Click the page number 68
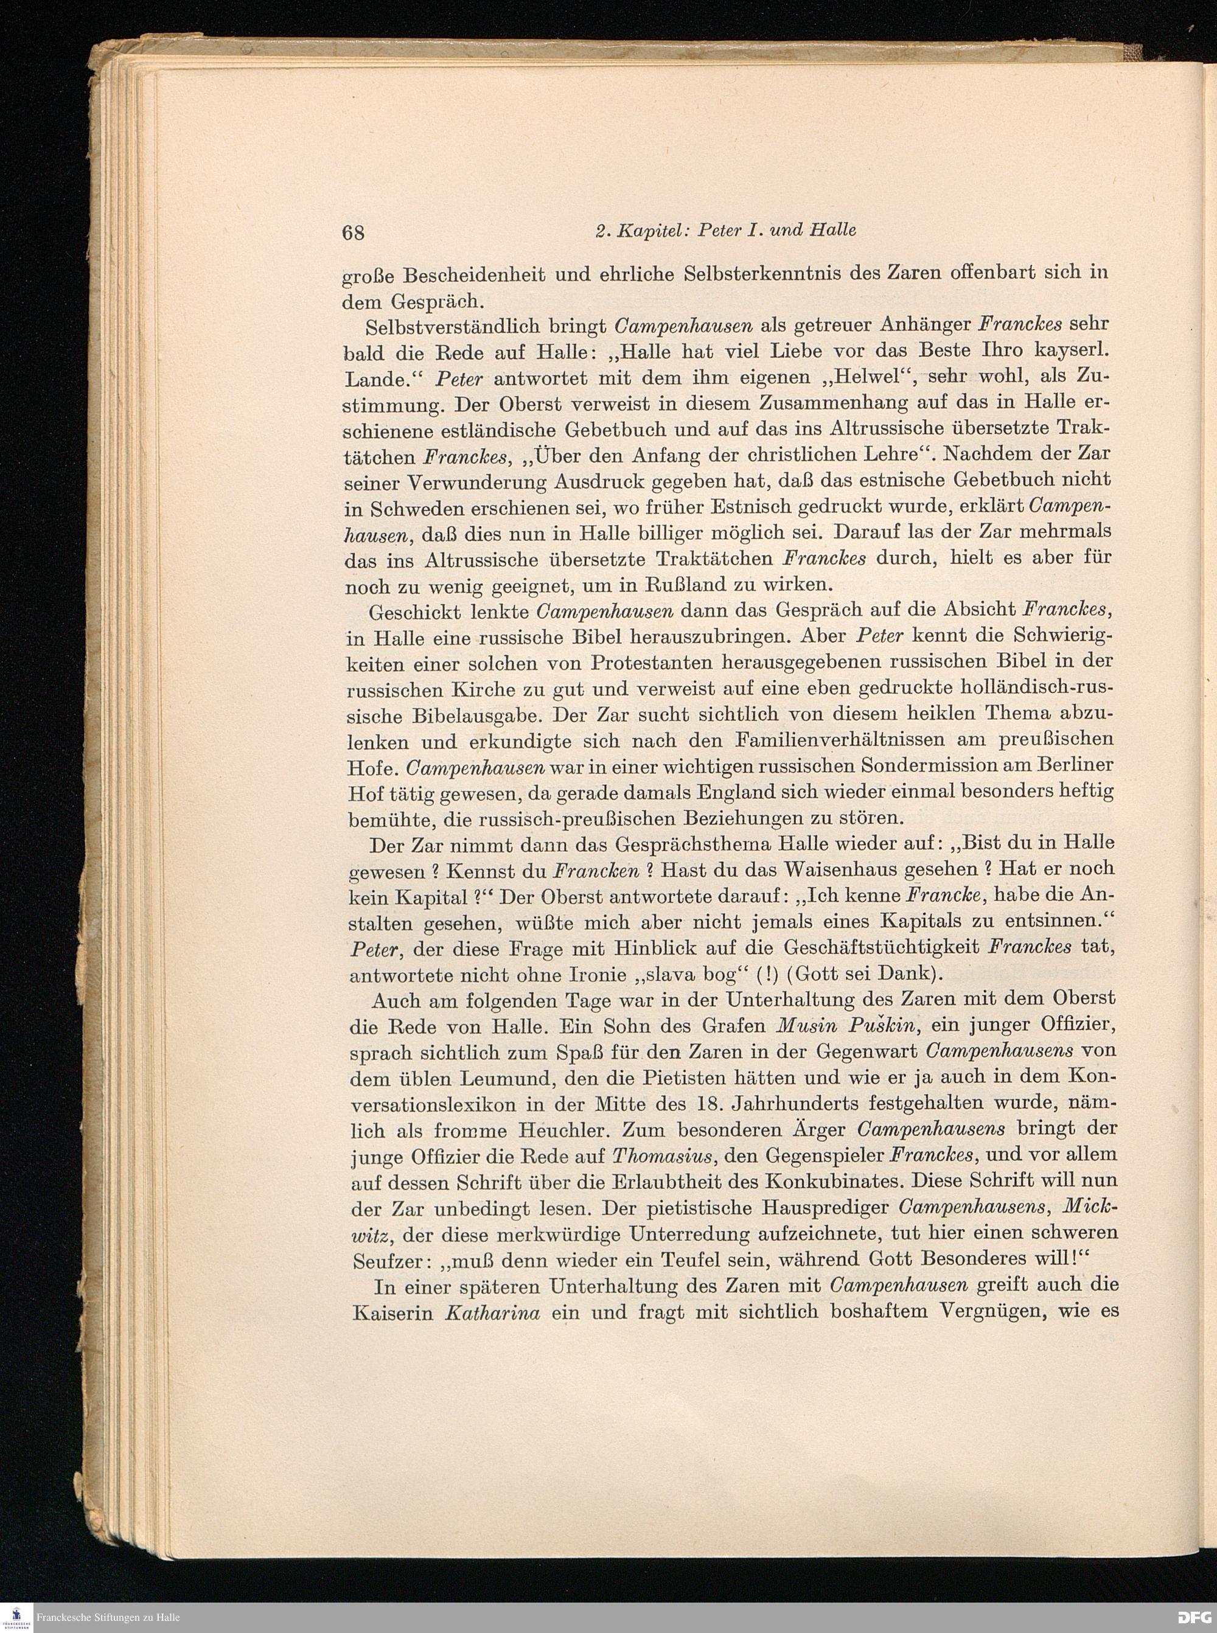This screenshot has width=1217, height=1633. pyautogui.click(x=354, y=232)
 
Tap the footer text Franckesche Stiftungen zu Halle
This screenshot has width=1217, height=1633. pyautogui.click(x=108, y=1618)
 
